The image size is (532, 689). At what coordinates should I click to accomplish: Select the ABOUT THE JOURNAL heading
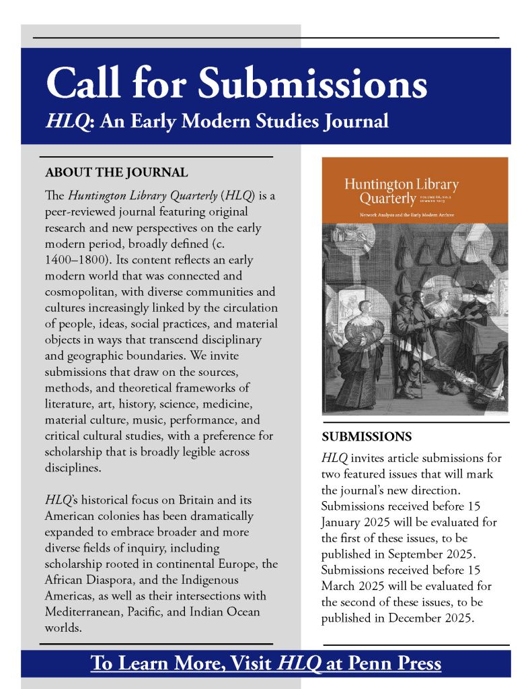116,172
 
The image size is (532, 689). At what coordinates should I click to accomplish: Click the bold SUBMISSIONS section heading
367,436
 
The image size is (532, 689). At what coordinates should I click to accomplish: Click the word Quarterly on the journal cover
387,199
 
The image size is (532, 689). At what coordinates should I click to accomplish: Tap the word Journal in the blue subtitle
354,122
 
